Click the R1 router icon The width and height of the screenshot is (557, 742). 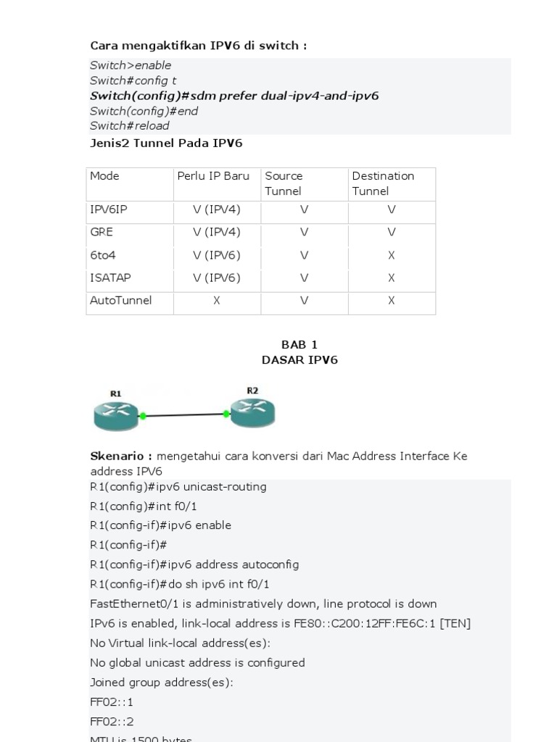coord(116,415)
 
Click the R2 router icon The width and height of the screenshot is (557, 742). coord(252,412)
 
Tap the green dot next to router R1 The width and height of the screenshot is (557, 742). coord(143,416)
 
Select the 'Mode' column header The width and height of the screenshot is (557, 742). coord(104,176)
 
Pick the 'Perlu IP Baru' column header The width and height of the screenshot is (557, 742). coord(213,176)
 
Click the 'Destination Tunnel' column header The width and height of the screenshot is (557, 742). coord(383,183)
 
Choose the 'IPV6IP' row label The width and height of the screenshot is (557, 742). coord(109,209)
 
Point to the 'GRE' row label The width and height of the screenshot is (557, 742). coord(102,233)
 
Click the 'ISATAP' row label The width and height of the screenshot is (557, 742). coord(110,278)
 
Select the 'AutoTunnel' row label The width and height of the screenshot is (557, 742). coord(120,300)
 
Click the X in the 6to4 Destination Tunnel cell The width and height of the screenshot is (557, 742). coord(392,255)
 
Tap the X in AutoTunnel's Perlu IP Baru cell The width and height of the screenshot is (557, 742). coord(217,300)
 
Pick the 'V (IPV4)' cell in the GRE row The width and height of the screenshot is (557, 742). coord(217,233)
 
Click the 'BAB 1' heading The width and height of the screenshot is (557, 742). coord(300,344)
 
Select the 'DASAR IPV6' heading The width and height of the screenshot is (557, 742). coord(300,360)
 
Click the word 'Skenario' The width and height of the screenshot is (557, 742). coord(119,456)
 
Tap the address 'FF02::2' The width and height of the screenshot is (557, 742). coord(112,722)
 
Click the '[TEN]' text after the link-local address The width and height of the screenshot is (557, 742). coord(455,623)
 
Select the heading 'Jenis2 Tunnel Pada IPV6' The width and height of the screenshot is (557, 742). coord(166,143)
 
